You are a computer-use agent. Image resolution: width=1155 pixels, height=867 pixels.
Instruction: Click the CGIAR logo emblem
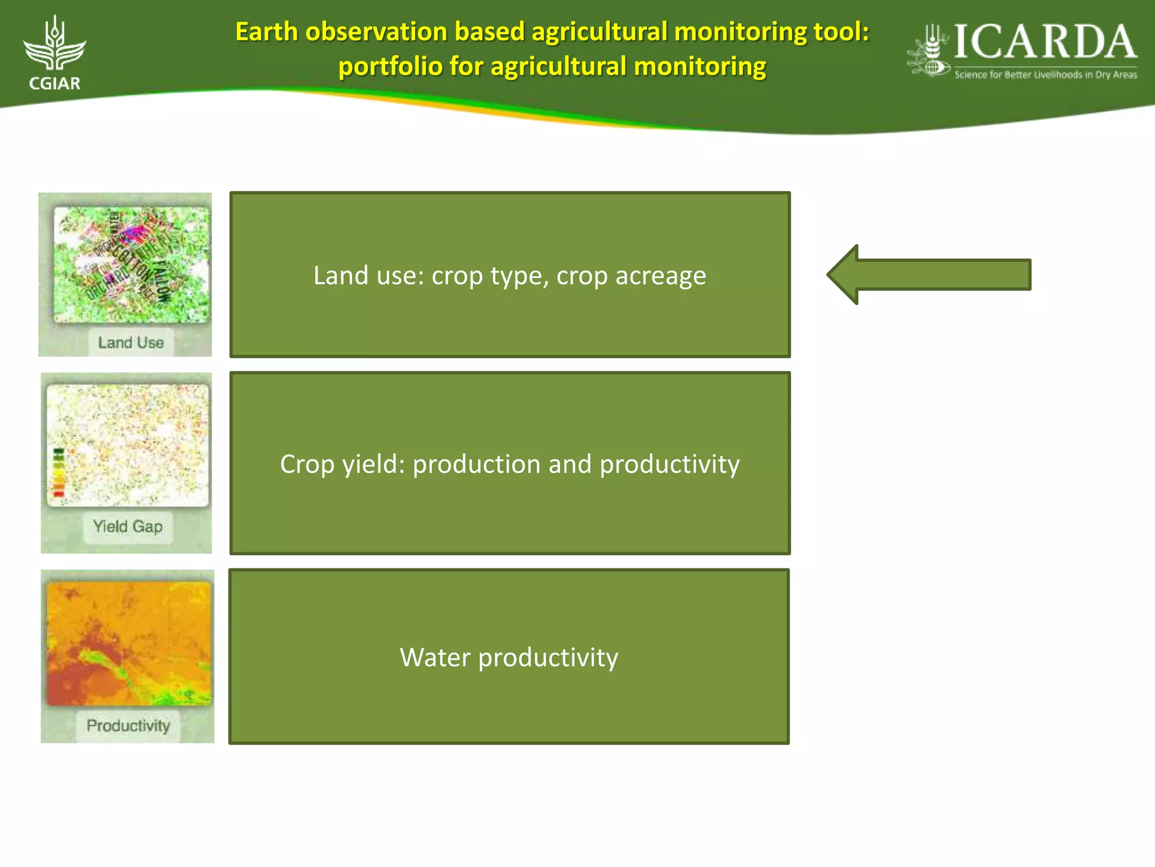click(55, 44)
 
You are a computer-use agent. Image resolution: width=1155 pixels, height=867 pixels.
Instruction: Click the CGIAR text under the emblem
click(55, 84)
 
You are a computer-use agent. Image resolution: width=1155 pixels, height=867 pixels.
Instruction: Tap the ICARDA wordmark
click(1044, 42)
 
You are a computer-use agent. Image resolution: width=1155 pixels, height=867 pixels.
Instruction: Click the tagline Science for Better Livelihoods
click(1045, 75)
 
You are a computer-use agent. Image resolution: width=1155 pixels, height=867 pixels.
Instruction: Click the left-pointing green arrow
click(928, 275)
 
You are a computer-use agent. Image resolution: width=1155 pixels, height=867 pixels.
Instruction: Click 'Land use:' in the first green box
click(368, 276)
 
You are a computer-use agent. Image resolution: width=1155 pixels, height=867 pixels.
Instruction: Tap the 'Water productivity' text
click(509, 658)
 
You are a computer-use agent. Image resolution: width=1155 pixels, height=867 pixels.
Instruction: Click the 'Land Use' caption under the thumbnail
click(130, 343)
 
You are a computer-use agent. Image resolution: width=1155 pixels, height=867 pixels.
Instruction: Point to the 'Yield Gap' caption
click(127, 527)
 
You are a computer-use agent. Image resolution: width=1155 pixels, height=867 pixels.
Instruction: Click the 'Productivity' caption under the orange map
click(128, 725)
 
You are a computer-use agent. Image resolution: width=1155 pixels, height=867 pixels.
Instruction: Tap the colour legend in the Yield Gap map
click(59, 472)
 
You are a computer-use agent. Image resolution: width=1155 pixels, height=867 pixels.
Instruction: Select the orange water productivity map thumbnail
click(129, 643)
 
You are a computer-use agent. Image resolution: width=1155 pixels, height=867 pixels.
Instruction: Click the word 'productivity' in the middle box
click(669, 465)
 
